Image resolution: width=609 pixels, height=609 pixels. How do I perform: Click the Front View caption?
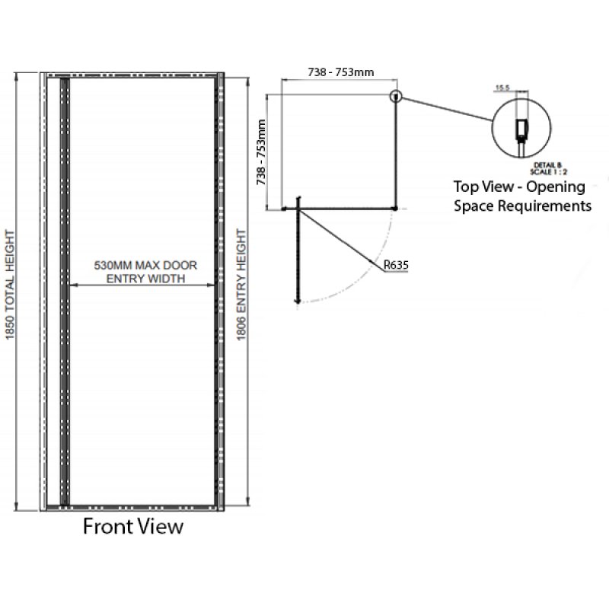tap(132, 527)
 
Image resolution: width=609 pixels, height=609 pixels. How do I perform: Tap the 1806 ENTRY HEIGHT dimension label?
tap(242, 290)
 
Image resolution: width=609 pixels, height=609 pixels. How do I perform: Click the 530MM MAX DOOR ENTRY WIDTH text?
tap(145, 273)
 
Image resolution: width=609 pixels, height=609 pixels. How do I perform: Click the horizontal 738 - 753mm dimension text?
tap(340, 72)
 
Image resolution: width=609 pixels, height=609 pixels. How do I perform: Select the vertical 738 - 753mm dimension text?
tap(261, 151)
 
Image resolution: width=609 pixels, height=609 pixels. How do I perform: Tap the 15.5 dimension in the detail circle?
tap(502, 88)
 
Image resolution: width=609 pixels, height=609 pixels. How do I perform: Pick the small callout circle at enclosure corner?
tap(396, 97)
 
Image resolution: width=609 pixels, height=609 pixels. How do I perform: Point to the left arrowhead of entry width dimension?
tap(72, 285)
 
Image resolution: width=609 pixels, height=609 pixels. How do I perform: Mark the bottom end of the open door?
tap(298, 303)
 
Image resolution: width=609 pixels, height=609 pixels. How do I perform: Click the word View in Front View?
tap(161, 527)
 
